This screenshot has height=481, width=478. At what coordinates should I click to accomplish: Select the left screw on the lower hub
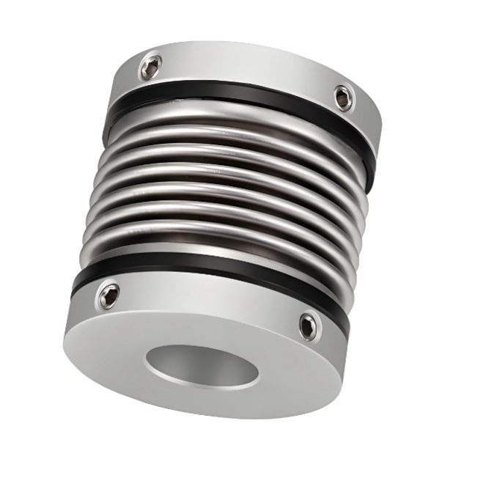109,295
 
